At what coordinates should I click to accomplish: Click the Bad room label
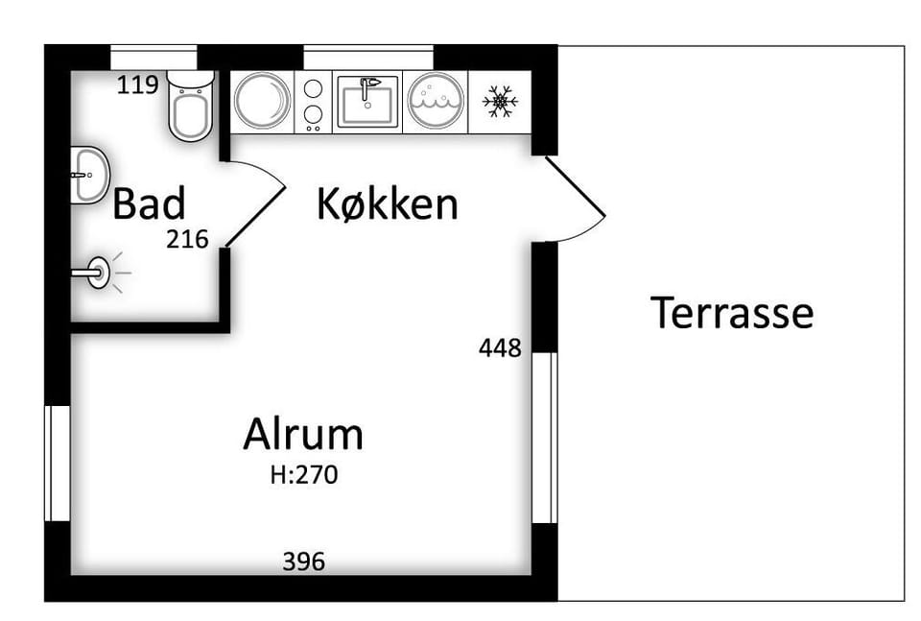pyautogui.click(x=149, y=203)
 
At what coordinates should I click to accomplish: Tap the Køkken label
pyautogui.click(x=387, y=203)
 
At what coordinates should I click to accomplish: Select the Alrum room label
pyautogui.click(x=303, y=434)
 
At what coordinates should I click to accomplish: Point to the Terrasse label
pyautogui.click(x=732, y=313)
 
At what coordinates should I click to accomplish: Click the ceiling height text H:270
pyautogui.click(x=304, y=475)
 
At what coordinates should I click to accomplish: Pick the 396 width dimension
pyautogui.click(x=304, y=561)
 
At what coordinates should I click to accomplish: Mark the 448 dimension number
pyautogui.click(x=500, y=347)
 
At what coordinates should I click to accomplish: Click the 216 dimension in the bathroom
pyautogui.click(x=187, y=239)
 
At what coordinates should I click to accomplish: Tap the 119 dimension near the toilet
pyautogui.click(x=137, y=85)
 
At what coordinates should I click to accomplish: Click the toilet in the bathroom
pyautogui.click(x=190, y=105)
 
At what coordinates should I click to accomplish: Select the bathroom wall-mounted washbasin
pyautogui.click(x=90, y=175)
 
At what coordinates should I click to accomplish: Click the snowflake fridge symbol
pyautogui.click(x=500, y=101)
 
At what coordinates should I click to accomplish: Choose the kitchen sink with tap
pyautogui.click(x=367, y=101)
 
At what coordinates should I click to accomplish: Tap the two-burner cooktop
pyautogui.click(x=313, y=102)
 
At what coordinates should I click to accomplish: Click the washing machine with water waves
pyautogui.click(x=436, y=101)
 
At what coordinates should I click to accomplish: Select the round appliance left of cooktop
pyautogui.click(x=262, y=101)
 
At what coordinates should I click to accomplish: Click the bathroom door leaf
pyautogui.click(x=255, y=216)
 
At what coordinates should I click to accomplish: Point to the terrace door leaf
pyautogui.click(x=575, y=185)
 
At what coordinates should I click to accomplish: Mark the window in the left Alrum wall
pyautogui.click(x=58, y=463)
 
